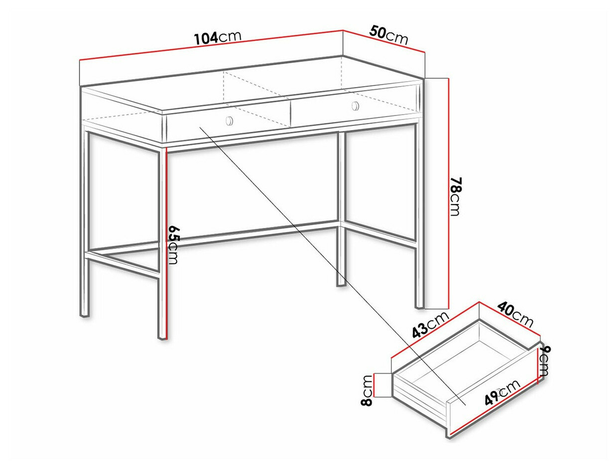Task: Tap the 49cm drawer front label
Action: (502, 391)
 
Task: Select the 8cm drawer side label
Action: (367, 390)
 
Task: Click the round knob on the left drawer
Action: (229, 120)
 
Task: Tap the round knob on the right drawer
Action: (355, 106)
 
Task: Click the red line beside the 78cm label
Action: (449, 194)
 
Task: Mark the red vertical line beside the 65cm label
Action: (166, 244)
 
